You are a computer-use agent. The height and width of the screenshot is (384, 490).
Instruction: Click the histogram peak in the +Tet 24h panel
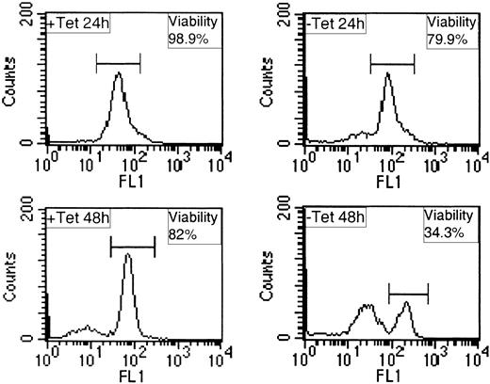[118, 74]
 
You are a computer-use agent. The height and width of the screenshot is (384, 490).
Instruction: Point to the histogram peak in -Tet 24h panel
[387, 75]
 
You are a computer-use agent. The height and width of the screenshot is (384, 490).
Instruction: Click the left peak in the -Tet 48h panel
[366, 306]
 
